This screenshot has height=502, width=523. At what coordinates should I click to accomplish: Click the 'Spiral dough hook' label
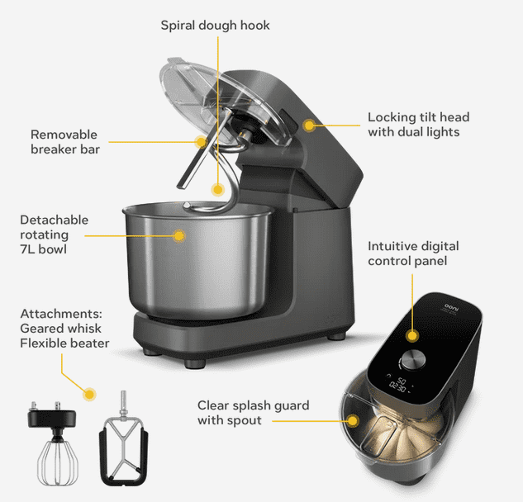coord(215,26)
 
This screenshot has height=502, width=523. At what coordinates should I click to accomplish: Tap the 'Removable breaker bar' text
coord(65,142)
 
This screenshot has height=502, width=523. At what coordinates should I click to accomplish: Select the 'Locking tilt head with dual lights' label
coord(419,125)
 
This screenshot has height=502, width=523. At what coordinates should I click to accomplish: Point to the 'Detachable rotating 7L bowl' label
coord(54,234)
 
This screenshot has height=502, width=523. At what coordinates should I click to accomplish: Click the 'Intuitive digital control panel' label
coord(413,253)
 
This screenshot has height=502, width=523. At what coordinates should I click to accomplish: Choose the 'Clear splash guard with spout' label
coord(253,413)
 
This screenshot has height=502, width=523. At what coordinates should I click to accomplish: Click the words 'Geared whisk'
coord(60,329)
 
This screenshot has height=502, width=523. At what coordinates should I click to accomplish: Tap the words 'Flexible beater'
coord(64,343)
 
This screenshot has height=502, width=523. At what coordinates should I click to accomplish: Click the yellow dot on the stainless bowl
coord(179,235)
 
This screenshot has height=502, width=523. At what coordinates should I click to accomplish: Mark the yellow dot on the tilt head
coord(309,125)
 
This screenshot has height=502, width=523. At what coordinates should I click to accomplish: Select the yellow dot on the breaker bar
coord(201,142)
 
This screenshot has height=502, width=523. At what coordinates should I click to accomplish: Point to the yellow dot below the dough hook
coord(218,190)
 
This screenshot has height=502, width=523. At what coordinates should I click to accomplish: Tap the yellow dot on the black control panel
coord(412,335)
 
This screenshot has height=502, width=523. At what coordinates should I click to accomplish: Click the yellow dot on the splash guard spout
coord(352,420)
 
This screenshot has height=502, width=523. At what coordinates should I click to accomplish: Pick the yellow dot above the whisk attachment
coord(89,395)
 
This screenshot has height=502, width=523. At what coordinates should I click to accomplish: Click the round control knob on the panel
coord(413,360)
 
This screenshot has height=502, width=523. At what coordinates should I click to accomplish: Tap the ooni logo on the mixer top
coord(452,307)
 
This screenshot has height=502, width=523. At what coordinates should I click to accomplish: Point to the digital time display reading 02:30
coord(397,387)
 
